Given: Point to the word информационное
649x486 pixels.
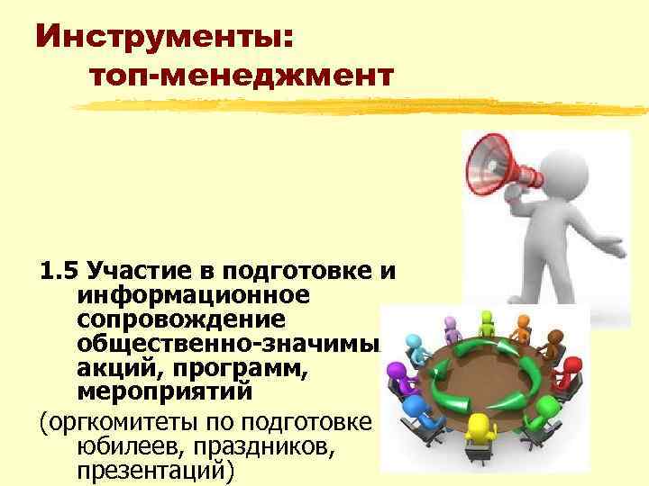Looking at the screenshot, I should click(x=193, y=296).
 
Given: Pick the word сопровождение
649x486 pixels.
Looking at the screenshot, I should click(x=180, y=320).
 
